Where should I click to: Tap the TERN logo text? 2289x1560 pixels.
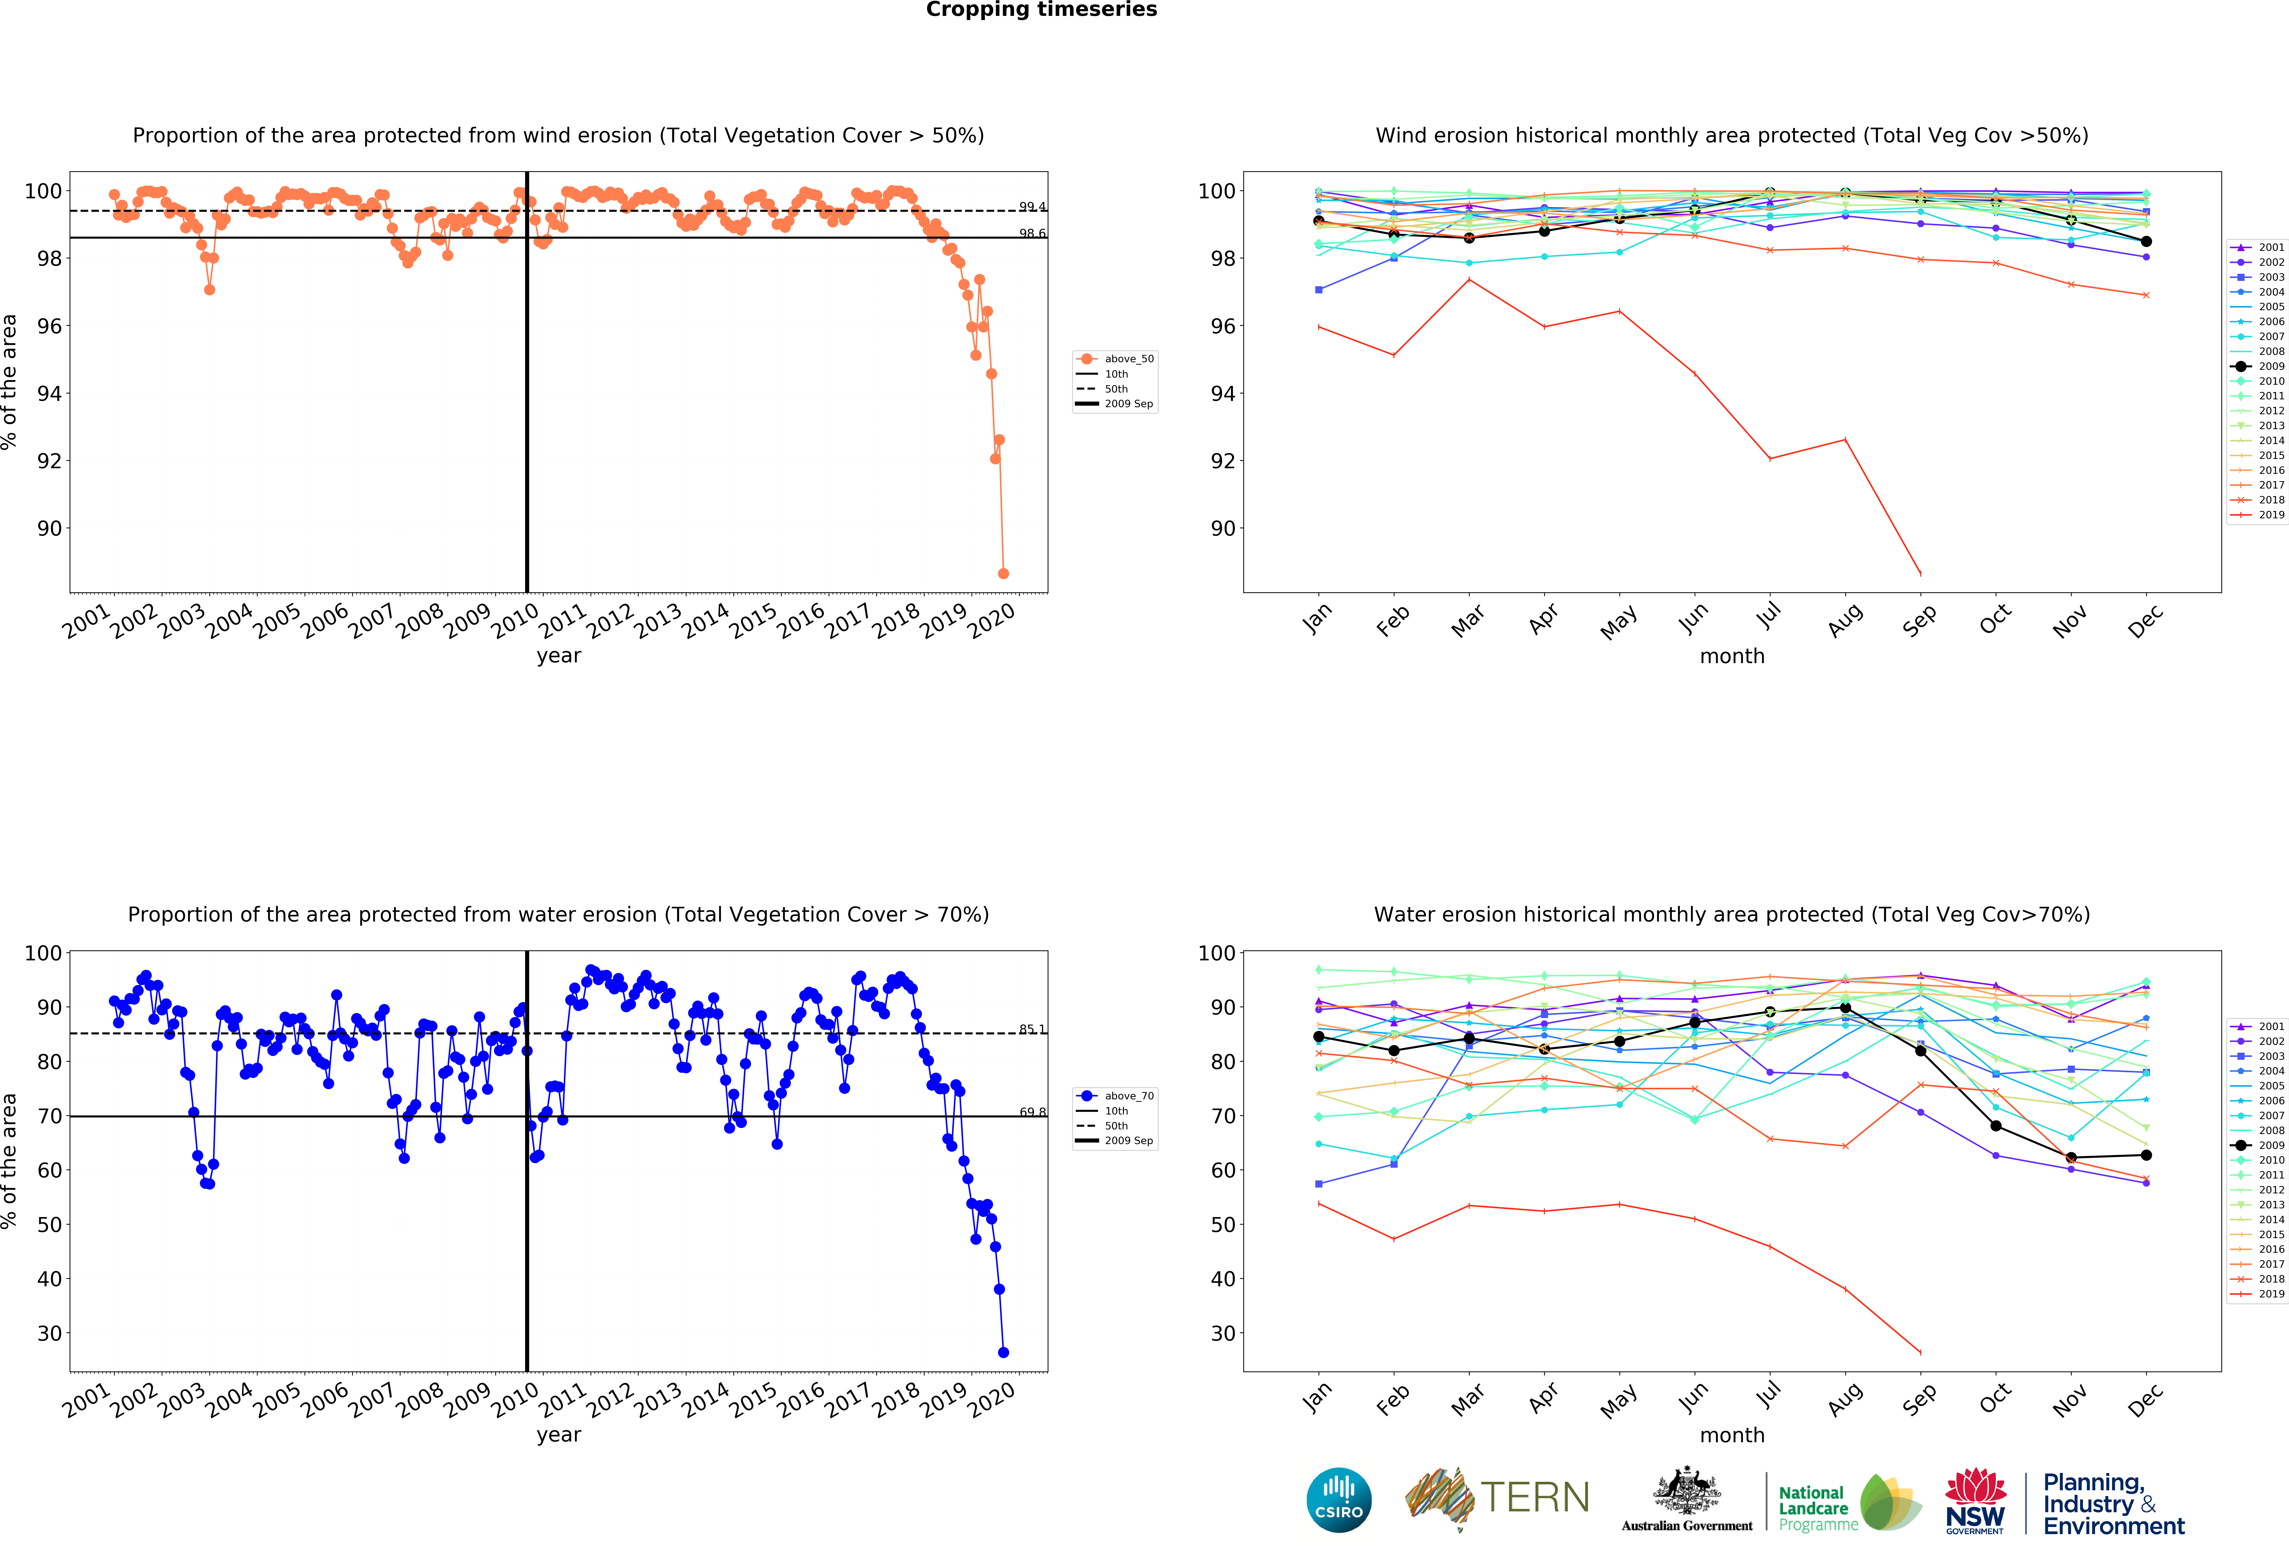click(x=1535, y=1498)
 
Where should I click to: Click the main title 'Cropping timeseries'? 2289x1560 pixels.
click(x=1041, y=10)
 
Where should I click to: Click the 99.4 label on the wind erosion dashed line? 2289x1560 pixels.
click(x=1032, y=207)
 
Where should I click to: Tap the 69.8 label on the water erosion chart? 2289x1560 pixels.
click(x=1032, y=1112)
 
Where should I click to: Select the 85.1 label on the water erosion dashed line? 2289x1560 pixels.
click(x=1032, y=1029)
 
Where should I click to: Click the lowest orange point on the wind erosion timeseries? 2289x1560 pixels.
click(x=1003, y=573)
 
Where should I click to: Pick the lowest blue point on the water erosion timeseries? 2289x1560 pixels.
click(x=1003, y=1352)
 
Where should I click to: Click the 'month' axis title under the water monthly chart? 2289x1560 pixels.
click(x=1731, y=1435)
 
